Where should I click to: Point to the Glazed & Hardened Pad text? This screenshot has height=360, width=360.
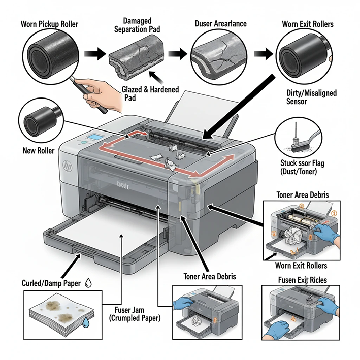coord(151,93)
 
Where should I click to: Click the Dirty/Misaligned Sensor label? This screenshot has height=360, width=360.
coord(305,97)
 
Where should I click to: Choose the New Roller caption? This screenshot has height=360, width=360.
coord(39,150)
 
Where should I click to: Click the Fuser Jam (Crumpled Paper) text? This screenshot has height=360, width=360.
coord(133,313)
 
